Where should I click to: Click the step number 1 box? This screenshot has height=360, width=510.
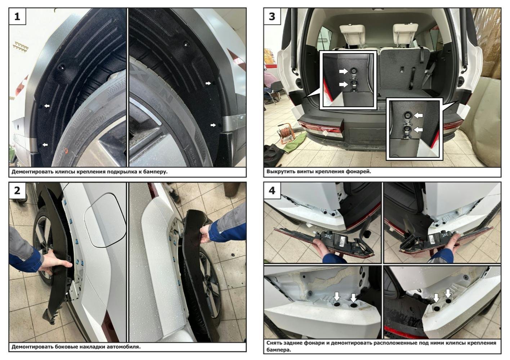coord(17,17)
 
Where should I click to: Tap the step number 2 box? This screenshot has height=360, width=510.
coord(17,190)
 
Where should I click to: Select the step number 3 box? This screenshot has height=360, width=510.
coord(272,17)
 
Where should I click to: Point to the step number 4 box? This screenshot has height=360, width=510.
coord(272,190)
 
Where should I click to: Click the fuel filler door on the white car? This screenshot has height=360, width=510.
coord(105,220)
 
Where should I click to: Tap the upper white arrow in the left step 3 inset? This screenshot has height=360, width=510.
coord(344,71)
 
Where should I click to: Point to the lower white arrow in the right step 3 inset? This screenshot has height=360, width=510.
coord(418,130)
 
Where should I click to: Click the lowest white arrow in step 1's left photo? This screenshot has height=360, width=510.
coord(45,144)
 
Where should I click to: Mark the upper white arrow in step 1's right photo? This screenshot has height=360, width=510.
coord(208,84)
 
